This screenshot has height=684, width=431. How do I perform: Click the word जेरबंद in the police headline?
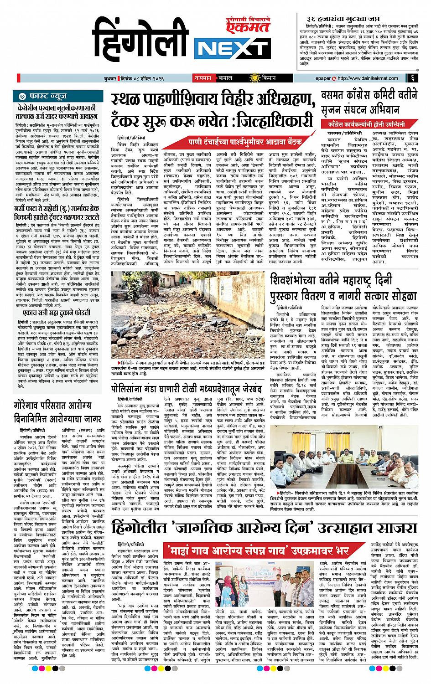point(256,389)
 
